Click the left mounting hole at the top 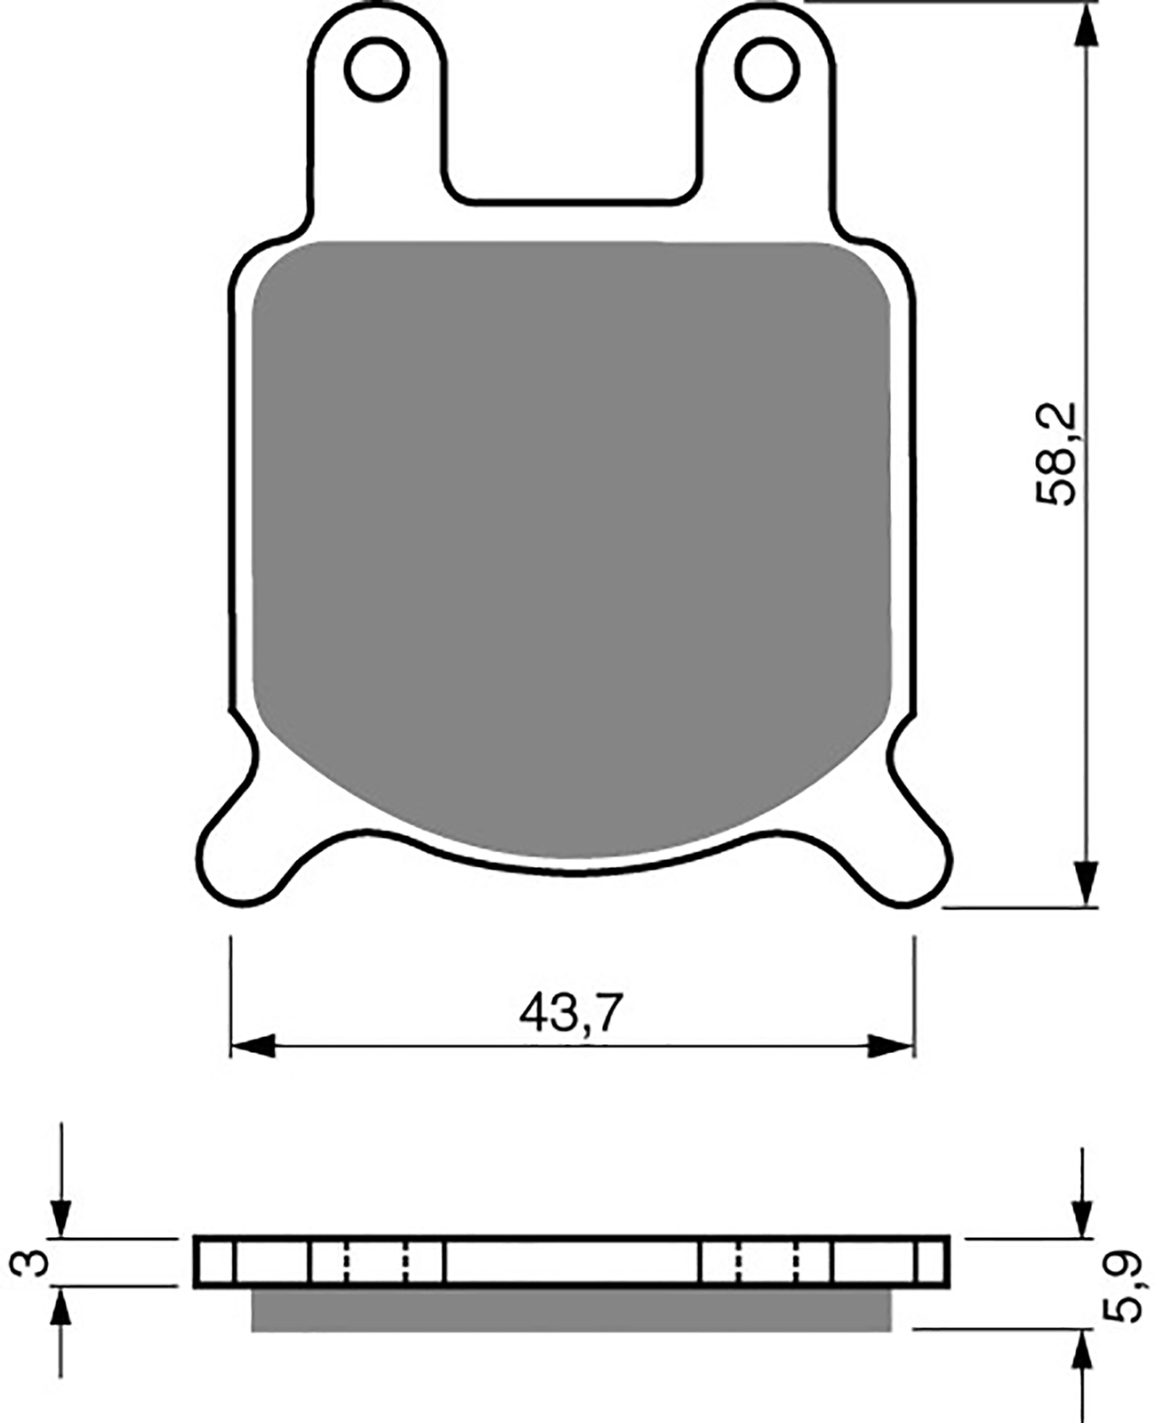pyautogui.click(x=377, y=68)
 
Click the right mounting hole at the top pyautogui.click(x=766, y=68)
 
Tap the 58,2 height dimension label pyautogui.click(x=1055, y=454)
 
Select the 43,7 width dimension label pyautogui.click(x=571, y=1013)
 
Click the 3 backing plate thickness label pyautogui.click(x=29, y=1263)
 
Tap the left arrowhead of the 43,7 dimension pyautogui.click(x=253, y=1046)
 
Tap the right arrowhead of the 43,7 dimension pyautogui.click(x=890, y=1046)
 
